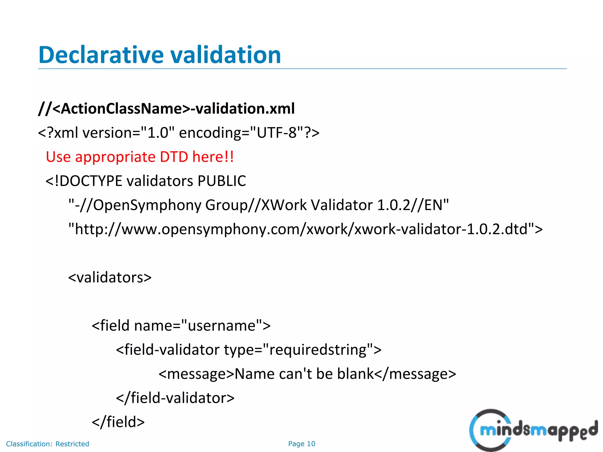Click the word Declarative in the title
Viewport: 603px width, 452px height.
(x=101, y=55)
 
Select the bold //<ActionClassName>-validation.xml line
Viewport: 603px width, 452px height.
(x=166, y=109)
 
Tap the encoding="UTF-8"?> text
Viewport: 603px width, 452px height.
(x=249, y=133)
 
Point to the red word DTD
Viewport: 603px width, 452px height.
(x=174, y=157)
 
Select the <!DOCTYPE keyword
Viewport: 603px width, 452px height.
(x=84, y=181)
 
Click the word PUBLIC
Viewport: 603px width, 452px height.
(x=222, y=181)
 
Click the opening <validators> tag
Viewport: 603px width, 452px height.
(x=110, y=277)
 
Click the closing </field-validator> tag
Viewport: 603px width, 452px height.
(x=175, y=398)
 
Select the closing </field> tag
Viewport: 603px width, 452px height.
(x=118, y=422)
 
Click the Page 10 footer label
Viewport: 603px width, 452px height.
(x=301, y=444)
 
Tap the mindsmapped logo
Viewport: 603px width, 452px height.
(x=533, y=430)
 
